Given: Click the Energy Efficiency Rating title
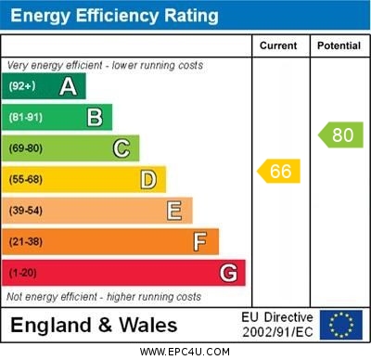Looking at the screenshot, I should tap(114, 16).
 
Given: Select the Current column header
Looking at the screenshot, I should tap(278, 45).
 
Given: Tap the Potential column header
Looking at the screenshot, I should tap(339, 45).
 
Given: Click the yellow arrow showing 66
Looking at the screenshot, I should tap(279, 171).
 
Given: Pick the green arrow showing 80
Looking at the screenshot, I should tap(340, 135).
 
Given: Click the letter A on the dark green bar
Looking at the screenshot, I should tap(68, 86).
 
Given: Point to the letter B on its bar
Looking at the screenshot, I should tap(95, 117).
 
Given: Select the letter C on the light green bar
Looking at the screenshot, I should tap(122, 148).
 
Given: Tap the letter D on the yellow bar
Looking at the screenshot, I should tap(148, 179).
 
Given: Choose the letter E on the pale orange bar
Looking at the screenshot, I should tap(174, 211).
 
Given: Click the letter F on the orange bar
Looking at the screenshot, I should tap(199, 241).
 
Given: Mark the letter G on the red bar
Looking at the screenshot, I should tap(228, 273).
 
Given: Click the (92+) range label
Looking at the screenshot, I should tap(22, 86).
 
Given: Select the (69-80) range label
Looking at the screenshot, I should tap(26, 148).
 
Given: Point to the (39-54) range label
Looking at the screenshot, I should tap(26, 211).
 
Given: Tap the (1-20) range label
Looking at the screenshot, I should tap(22, 273).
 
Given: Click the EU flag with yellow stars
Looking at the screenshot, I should tap(341, 324).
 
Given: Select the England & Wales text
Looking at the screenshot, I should tap(94, 325).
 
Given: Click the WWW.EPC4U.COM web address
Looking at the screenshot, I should tap(185, 352).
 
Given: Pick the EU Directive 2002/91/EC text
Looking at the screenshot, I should tap(277, 324).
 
